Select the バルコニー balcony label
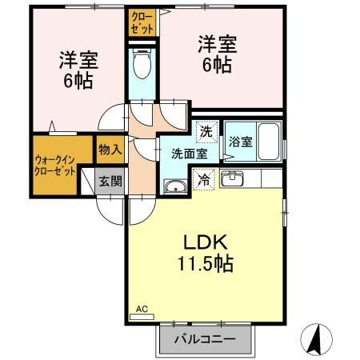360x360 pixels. pyautogui.click(x=206, y=338)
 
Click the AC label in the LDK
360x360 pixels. pyautogui.click(x=142, y=309)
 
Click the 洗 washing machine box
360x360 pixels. pyautogui.click(x=206, y=130)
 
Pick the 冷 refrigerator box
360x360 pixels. pyautogui.click(x=205, y=180)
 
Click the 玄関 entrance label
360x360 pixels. pyautogui.click(x=110, y=181)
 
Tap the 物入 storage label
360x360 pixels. pyautogui.click(x=110, y=149)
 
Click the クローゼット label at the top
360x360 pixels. pyautogui.click(x=142, y=21)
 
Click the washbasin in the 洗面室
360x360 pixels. pyautogui.click(x=174, y=187)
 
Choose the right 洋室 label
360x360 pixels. pyautogui.click(x=215, y=54)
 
